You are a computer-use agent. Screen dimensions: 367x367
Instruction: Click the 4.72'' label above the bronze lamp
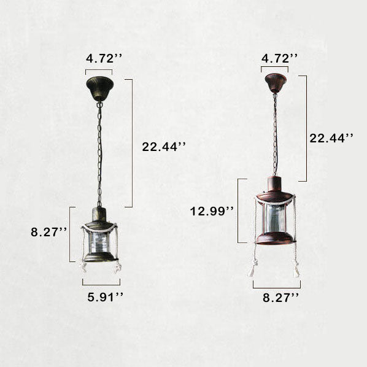[x=104, y=58]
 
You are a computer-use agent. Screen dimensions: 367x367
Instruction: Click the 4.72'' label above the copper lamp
[x=279, y=58]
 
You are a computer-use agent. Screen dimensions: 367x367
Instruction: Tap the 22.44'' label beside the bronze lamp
[x=164, y=147]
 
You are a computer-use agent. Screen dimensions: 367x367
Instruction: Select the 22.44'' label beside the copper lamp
[x=331, y=138]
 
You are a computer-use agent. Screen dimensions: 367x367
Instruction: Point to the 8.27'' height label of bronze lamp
[x=48, y=232]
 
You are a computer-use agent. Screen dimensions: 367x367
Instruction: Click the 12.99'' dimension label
[x=212, y=211]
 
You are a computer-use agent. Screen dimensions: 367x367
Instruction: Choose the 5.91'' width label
[x=105, y=297]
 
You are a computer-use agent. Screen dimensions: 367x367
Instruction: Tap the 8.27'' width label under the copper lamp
[x=280, y=298]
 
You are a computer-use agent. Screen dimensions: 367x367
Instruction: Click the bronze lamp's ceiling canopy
[x=99, y=88]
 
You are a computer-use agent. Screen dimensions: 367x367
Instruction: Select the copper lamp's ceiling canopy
[x=276, y=83]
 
